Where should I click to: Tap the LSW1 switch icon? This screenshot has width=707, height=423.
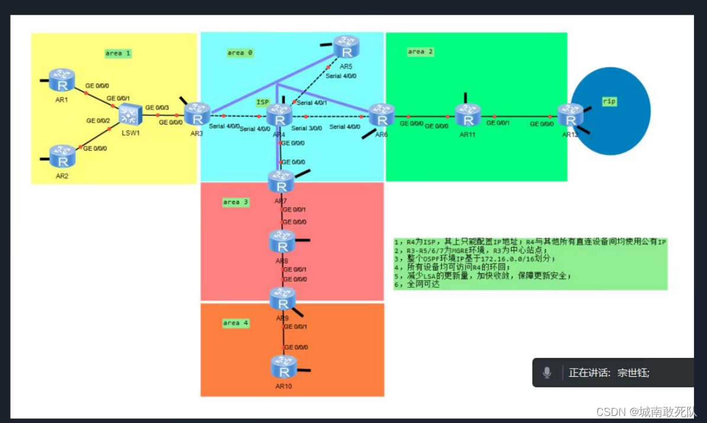coord(128,114)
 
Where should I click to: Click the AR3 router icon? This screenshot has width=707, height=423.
coord(197,114)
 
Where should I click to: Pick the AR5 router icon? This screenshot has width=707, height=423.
coord(346,46)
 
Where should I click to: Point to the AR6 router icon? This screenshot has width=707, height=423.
coord(382,115)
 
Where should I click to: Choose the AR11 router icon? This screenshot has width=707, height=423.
coord(468,115)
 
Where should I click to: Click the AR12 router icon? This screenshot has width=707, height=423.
coord(570,115)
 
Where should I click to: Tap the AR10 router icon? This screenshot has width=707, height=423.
coord(284,367)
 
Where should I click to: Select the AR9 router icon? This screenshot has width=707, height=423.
coord(282,298)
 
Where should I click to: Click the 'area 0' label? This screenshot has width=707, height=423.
coord(240,53)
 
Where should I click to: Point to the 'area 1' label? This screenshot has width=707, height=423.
coord(118,53)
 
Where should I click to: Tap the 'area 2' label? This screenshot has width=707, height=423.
coord(420,52)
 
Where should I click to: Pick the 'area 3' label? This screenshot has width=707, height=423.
coord(236,202)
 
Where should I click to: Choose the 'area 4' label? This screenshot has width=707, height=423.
coord(236,323)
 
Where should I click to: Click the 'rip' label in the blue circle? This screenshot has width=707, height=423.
coord(609,101)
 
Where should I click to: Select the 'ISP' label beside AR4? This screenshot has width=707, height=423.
coord(262,102)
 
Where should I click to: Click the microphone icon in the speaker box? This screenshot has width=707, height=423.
coord(547,373)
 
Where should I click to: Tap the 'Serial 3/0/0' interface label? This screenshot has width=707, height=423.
coord(307,128)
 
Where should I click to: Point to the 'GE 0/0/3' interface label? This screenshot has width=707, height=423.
coord(157,107)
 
